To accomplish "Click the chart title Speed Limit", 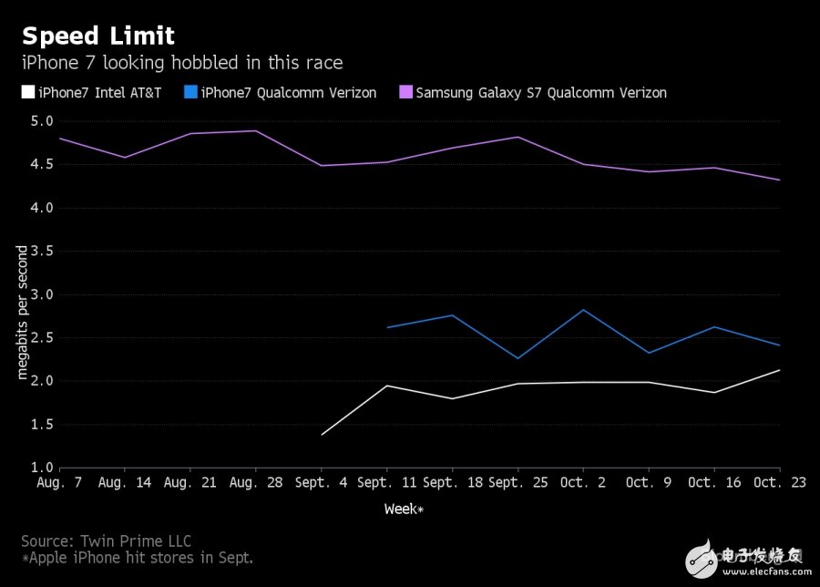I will tap(97, 36).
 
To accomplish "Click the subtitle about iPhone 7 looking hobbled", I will tap(182, 63).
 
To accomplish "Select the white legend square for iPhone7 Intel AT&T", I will tap(28, 92).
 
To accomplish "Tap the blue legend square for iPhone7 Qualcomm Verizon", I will tap(190, 92).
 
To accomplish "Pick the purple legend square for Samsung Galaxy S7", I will tap(405, 92).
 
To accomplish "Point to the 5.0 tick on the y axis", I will tap(42, 121).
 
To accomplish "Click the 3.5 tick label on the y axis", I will tap(42, 251).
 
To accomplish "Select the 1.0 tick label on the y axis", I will tap(42, 468).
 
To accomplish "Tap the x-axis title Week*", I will tap(404, 509).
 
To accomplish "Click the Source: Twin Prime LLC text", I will tap(106, 541).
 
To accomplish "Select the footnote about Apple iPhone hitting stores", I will tap(137, 558).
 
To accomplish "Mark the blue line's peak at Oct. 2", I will tap(583, 310).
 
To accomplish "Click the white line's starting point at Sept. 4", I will tap(322, 435).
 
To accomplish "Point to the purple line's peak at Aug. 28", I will tap(256, 131).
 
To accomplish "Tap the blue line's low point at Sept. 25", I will tap(518, 358).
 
